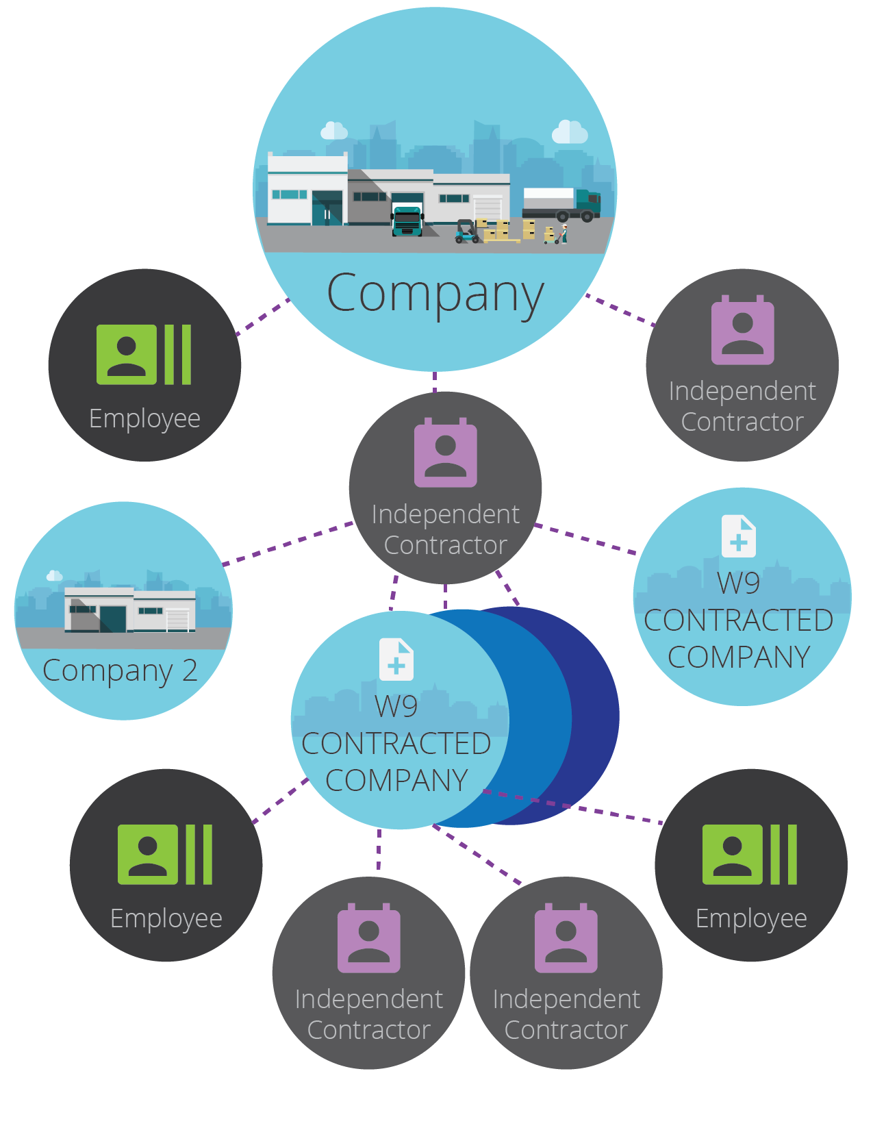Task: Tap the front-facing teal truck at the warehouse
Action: (407, 221)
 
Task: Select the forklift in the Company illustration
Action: (466, 231)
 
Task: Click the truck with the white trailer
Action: (561, 205)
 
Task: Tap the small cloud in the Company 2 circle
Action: (54, 575)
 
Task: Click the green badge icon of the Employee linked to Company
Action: (144, 355)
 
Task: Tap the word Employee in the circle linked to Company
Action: (144, 419)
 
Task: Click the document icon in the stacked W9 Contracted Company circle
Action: (396, 659)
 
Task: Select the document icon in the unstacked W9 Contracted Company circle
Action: (738, 536)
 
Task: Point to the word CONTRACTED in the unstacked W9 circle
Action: (738, 620)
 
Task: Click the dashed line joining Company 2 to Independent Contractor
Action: (288, 543)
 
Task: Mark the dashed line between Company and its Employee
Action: (262, 316)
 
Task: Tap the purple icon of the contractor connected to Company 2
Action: (446, 453)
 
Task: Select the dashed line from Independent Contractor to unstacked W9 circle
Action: (585, 539)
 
